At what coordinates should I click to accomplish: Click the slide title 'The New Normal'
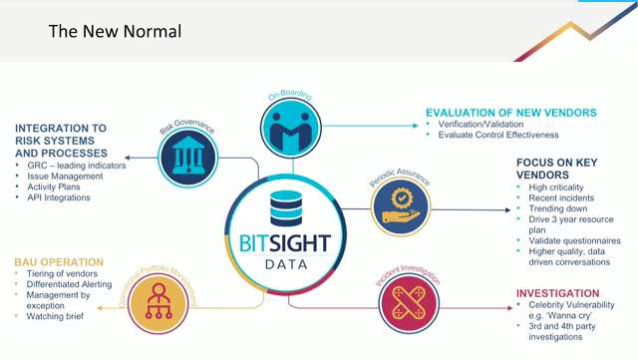click(x=115, y=32)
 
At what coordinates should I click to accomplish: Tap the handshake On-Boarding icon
click(x=290, y=128)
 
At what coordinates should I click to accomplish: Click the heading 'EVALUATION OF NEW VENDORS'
click(x=510, y=113)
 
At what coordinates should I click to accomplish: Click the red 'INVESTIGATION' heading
click(x=557, y=293)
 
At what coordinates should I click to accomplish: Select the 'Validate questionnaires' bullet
click(x=575, y=240)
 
